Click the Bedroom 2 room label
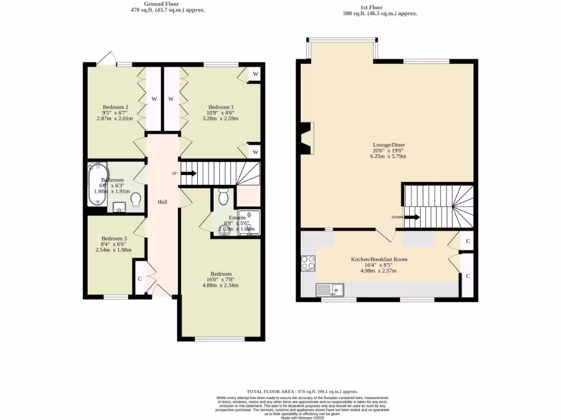[x=116, y=107]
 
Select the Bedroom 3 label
[x=114, y=238]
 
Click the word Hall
[x=163, y=202]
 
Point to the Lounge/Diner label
[x=388, y=145]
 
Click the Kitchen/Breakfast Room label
[x=379, y=260]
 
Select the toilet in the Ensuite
[x=223, y=196]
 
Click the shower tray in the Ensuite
[x=249, y=223]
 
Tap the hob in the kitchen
[x=308, y=263]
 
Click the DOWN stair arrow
[x=413, y=217]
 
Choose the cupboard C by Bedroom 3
[x=140, y=278]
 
